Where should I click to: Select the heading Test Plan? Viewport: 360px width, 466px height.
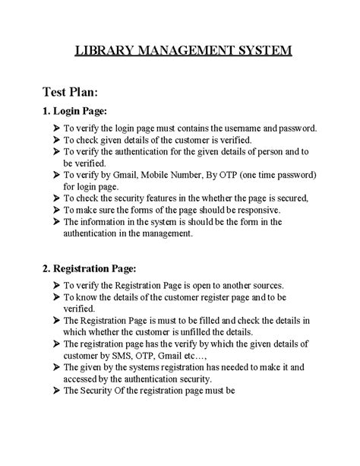click(68, 92)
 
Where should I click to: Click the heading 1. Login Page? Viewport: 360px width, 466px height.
click(75, 113)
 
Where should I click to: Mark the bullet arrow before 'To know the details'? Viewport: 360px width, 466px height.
click(55, 296)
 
